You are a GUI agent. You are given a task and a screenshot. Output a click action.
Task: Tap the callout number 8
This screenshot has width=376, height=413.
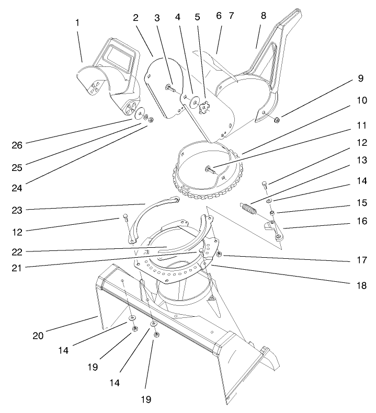pyautogui.click(x=263, y=16)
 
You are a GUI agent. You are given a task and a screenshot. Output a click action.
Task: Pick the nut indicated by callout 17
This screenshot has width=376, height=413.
pyautogui.click(x=220, y=255)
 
